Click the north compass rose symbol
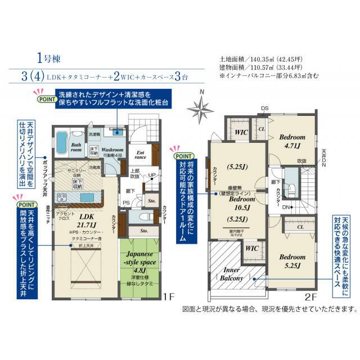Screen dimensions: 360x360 201,106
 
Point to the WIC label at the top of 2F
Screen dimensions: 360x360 241,132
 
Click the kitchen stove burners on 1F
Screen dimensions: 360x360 62,197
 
